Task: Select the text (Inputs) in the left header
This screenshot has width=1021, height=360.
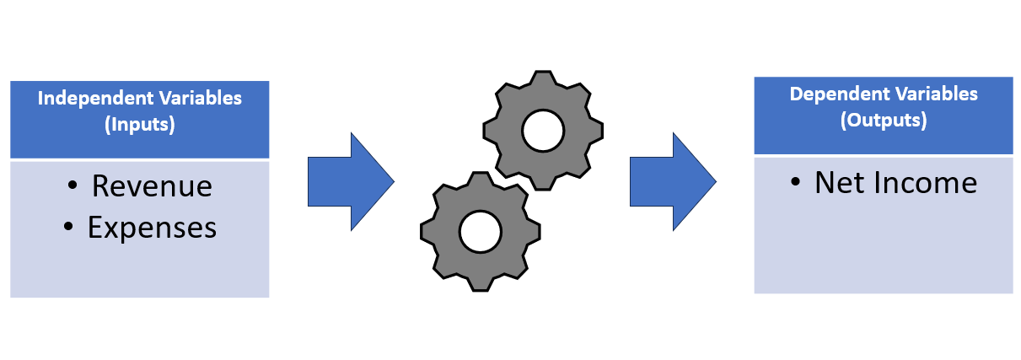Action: point(140,124)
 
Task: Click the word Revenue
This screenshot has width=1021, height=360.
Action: point(152,186)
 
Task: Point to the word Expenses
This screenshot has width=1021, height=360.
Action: point(152,228)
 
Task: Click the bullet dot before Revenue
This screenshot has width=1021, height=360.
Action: point(73,185)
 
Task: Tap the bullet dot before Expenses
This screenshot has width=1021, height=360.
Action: point(68,226)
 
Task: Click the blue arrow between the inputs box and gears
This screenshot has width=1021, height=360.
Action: point(351,181)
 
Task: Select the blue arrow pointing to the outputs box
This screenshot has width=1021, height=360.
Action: point(674,181)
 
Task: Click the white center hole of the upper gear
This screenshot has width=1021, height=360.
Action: point(543,131)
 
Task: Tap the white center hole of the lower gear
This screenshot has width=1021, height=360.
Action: point(481,232)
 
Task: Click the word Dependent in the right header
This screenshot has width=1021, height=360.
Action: point(838,94)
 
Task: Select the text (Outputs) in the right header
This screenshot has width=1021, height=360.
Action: point(884,121)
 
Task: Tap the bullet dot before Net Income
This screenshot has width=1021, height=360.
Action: point(795,182)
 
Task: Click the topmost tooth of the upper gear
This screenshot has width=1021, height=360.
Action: point(543,78)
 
